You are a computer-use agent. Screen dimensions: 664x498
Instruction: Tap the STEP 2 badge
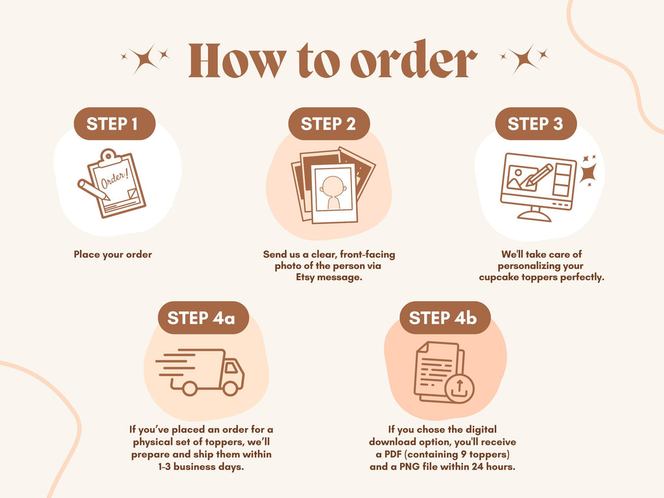(329, 124)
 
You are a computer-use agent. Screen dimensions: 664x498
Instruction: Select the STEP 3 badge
(536, 124)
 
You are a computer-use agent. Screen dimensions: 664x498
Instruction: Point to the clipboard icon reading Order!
(117, 184)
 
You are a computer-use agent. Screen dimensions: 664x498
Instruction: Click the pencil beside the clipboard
(93, 189)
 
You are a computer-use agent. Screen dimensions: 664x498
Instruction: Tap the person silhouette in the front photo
(333, 193)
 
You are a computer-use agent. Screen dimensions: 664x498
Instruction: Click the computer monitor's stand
(534, 214)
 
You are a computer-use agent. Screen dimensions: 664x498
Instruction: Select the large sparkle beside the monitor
(589, 172)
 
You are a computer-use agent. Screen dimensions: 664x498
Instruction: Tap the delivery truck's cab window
(231, 367)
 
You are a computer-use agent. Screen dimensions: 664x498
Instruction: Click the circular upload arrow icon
(460, 388)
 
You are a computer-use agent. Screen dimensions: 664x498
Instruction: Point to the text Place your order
(113, 254)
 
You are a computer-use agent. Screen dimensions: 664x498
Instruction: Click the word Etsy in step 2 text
(305, 278)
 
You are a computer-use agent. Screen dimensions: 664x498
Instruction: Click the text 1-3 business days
(201, 467)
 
